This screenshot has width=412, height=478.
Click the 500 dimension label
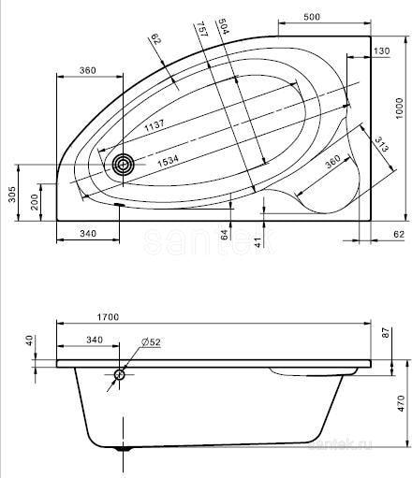(312, 17)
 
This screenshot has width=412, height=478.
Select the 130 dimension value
(382, 51)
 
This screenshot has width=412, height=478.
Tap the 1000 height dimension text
(399, 109)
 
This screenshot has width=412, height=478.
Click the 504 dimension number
(224, 26)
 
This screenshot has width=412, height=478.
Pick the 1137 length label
(154, 125)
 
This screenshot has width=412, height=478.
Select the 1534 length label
(168, 162)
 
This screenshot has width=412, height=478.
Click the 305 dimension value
(12, 194)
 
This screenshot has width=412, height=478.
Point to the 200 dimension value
(35, 202)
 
